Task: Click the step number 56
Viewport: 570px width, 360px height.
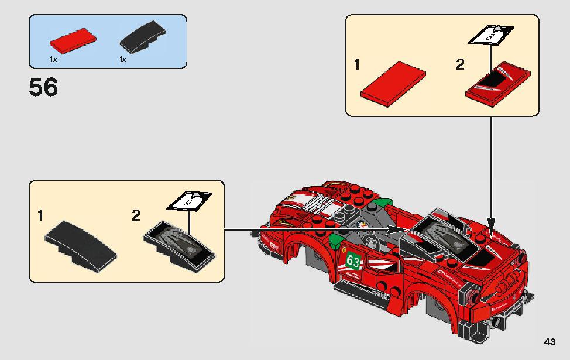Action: click(43, 88)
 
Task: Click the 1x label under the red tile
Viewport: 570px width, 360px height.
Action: click(53, 60)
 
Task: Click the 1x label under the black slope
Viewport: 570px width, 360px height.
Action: click(123, 60)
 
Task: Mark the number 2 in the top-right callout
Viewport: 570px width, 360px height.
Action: click(461, 64)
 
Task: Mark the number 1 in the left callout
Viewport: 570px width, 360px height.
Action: click(40, 216)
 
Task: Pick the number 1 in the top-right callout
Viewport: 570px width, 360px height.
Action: click(357, 64)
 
